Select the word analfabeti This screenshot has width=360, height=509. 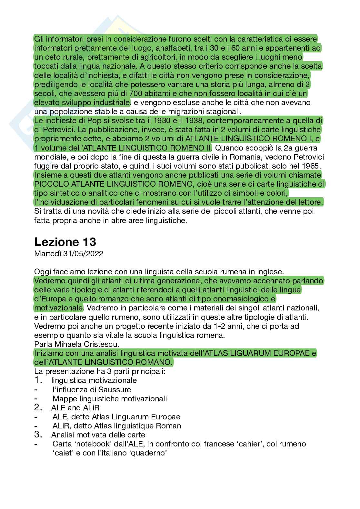(162, 48)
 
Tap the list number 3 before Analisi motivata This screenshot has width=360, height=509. (38, 435)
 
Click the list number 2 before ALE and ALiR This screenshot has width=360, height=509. (38, 407)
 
